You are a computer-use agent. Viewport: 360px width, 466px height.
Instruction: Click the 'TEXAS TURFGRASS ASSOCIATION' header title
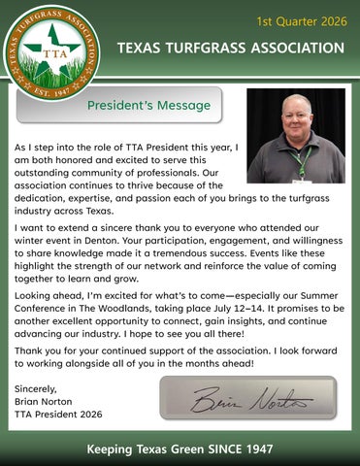coord(229,49)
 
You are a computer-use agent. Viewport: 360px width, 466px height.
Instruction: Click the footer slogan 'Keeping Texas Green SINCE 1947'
coord(180,449)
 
